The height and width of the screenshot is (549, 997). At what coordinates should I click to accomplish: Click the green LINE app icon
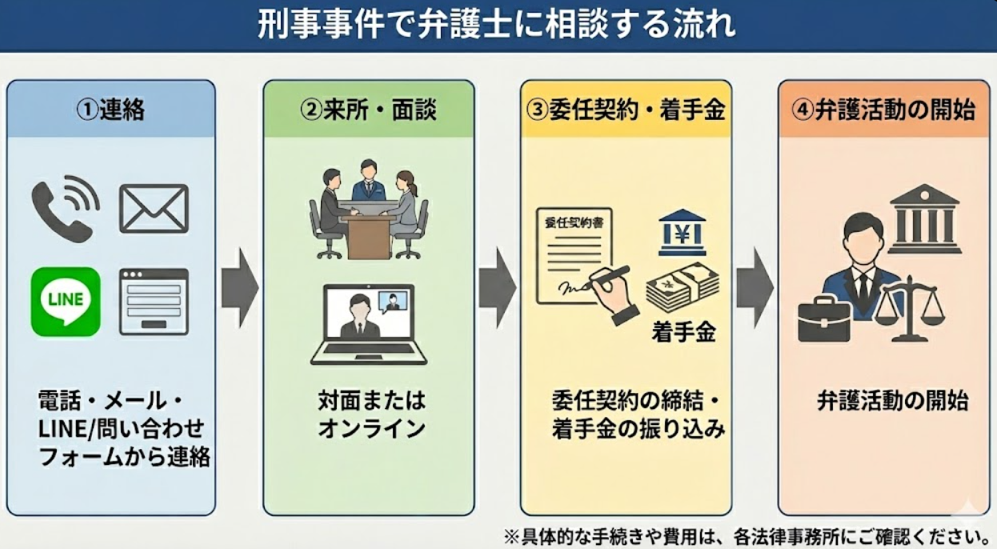pyautogui.click(x=66, y=302)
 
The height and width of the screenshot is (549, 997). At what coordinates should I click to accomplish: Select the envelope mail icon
pyautogui.click(x=154, y=209)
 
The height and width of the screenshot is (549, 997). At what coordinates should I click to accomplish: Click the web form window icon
pyautogui.click(x=154, y=302)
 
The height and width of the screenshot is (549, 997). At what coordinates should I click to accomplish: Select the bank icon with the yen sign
pyautogui.click(x=682, y=233)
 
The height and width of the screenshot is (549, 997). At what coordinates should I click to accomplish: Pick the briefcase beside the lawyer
pyautogui.click(x=823, y=318)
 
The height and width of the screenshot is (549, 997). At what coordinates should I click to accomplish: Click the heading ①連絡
pyautogui.click(x=110, y=110)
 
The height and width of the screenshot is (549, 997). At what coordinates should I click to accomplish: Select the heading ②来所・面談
pyautogui.click(x=368, y=110)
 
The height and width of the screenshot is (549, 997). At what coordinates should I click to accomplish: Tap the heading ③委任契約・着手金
pyautogui.click(x=626, y=110)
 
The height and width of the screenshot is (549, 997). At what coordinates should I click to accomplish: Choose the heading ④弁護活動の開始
pyautogui.click(x=883, y=110)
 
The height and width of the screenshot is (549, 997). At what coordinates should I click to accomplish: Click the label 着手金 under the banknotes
pyautogui.click(x=683, y=332)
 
